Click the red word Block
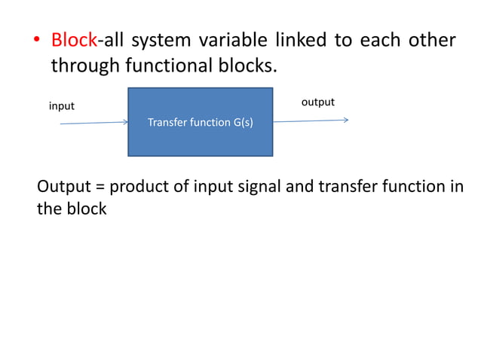pos(74,40)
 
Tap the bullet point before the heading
pos(35,41)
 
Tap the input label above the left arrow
pos(62,106)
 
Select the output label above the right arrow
pos(317,102)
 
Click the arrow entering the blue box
pos(94,122)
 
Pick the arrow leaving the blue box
pos(309,121)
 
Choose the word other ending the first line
pos(432,40)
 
